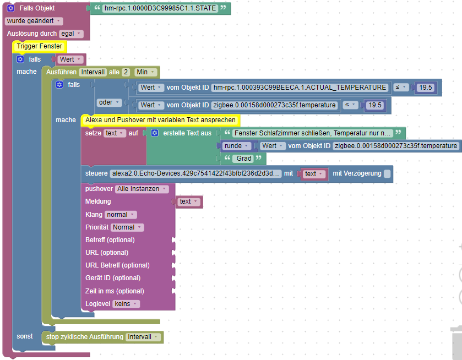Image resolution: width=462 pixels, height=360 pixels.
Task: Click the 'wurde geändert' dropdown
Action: click(x=33, y=21)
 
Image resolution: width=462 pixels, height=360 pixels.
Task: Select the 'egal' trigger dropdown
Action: click(x=70, y=34)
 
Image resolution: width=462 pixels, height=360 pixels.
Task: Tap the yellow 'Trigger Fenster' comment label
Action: click(x=39, y=46)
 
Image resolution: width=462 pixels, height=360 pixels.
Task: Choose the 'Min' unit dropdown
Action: click(x=145, y=72)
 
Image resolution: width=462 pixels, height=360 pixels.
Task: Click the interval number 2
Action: click(x=126, y=72)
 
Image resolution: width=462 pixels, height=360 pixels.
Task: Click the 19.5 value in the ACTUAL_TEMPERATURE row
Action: click(x=425, y=88)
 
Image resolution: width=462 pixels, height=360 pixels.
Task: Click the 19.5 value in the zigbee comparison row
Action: click(x=374, y=105)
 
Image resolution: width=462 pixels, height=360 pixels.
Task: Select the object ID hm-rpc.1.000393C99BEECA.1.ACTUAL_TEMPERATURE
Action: click(x=300, y=88)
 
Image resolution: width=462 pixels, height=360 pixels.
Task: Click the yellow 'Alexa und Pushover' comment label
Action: click(x=160, y=119)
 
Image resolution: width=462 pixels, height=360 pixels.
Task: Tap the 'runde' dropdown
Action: click(x=237, y=146)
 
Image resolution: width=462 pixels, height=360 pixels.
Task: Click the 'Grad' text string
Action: click(x=244, y=159)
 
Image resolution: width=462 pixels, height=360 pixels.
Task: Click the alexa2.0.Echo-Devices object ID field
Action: click(x=196, y=173)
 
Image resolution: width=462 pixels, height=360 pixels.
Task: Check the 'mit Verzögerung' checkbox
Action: click(x=387, y=173)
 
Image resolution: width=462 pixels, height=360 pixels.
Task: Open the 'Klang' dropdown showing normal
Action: click(x=121, y=215)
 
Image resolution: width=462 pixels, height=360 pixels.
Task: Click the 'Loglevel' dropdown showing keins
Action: click(x=126, y=303)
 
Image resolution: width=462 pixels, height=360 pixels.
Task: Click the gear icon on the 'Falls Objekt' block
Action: click(x=10, y=8)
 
